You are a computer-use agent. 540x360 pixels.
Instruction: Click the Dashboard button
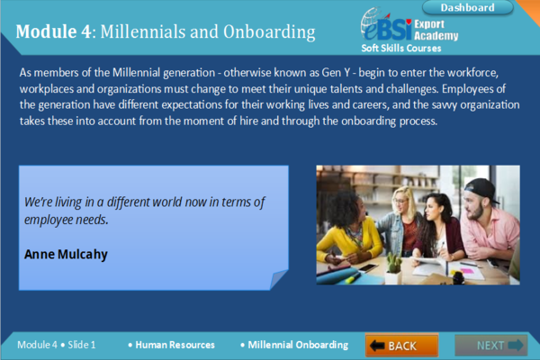coord(467,7)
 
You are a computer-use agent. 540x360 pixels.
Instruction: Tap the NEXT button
coord(491,346)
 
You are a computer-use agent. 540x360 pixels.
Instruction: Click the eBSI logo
coord(386,25)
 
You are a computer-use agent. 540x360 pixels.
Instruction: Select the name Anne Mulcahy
coord(66,254)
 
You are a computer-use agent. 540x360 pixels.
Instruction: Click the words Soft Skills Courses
coord(401,49)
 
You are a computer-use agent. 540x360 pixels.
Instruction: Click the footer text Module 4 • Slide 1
coord(57,345)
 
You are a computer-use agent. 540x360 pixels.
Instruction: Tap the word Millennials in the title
coord(142,31)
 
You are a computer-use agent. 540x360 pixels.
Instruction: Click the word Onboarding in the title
coord(269,32)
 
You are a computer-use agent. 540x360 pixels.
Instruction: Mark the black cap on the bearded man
coord(481,190)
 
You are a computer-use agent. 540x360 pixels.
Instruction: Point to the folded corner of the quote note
coord(278,278)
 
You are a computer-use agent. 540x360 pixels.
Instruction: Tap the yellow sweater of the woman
coord(347,238)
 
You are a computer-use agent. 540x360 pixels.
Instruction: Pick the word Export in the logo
coord(429,24)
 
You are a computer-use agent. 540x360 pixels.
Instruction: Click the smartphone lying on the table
coord(367,267)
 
